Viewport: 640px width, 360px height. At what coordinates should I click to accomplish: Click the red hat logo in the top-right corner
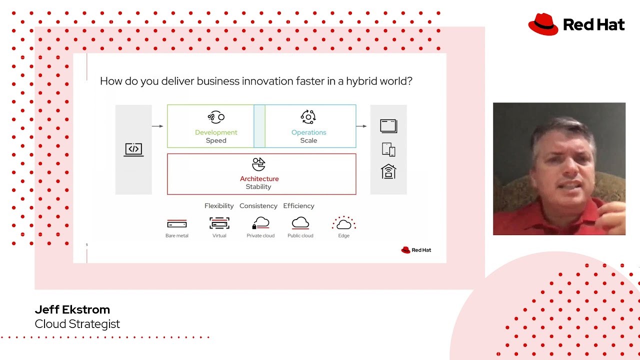(543, 24)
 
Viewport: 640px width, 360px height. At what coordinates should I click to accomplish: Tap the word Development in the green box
(216, 132)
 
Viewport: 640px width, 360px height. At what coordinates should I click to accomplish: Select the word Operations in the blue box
(308, 132)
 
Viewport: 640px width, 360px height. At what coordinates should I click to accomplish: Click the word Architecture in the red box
(259, 178)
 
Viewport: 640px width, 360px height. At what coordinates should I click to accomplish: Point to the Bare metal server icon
(177, 224)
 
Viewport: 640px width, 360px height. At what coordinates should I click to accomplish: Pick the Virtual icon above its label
(219, 223)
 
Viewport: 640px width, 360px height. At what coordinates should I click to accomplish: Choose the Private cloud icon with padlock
(260, 223)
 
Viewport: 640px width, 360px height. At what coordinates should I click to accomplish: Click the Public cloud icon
(300, 223)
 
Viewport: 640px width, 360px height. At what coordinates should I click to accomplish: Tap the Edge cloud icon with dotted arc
(343, 223)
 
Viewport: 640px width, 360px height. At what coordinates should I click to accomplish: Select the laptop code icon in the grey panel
(133, 149)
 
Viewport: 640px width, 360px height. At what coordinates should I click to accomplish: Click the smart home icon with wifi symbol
(388, 171)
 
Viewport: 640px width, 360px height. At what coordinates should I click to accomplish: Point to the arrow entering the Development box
(157, 126)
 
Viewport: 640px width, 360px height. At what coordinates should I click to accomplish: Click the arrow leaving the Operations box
(361, 126)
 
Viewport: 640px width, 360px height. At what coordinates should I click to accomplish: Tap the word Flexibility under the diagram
(219, 206)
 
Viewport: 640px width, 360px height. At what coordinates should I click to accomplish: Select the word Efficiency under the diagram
(298, 206)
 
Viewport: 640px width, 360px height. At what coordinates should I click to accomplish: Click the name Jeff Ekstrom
(72, 309)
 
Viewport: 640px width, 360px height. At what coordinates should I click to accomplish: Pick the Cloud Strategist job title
(77, 324)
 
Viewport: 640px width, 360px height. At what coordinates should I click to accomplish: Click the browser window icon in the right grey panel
(388, 125)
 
